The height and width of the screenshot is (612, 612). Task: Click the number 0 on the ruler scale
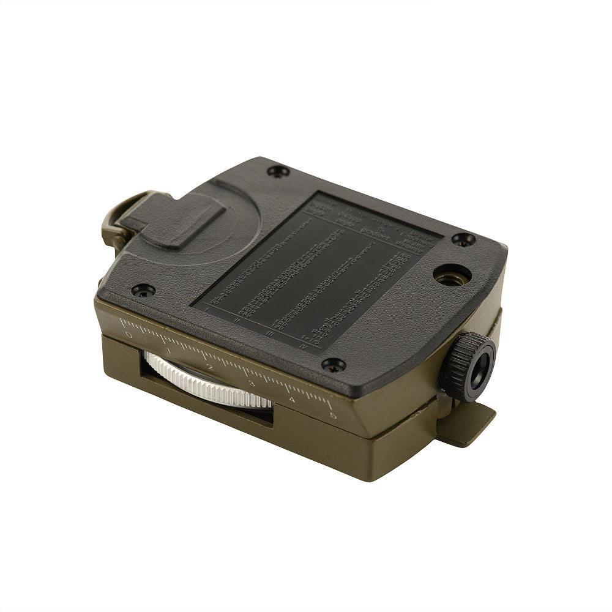coord(128,335)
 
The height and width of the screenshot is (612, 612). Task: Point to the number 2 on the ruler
coord(209,367)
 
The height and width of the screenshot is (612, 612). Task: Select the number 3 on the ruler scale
coord(250,384)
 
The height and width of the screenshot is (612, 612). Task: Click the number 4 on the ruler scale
coord(291,400)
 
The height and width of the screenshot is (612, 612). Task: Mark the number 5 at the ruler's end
coord(333,416)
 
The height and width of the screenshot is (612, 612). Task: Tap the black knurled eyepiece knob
coord(469,367)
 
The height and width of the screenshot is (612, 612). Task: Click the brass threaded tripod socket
coord(452,275)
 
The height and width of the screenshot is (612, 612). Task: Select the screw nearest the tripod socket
coord(463,239)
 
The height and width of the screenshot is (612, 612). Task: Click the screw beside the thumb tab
coord(279,172)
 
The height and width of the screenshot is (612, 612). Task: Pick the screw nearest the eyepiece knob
coord(334,365)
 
